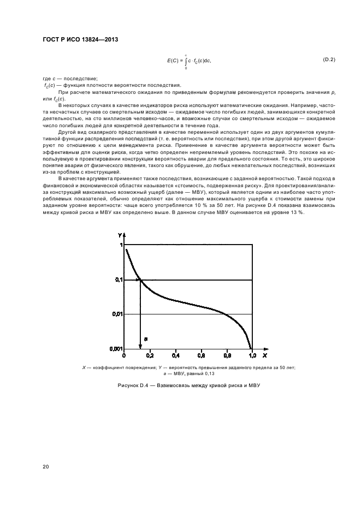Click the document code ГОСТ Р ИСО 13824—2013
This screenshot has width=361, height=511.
tap(80, 40)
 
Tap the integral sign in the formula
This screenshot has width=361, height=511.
tap(186, 61)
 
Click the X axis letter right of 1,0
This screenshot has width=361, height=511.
tap(265, 355)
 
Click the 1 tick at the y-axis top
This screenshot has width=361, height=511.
tap(121, 246)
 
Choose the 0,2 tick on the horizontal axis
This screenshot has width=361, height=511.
tap(150, 355)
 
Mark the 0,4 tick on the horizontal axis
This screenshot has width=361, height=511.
tap(175, 355)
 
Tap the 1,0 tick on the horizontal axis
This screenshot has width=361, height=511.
tap(252, 355)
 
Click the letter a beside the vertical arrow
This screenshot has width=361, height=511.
tap(146, 338)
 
